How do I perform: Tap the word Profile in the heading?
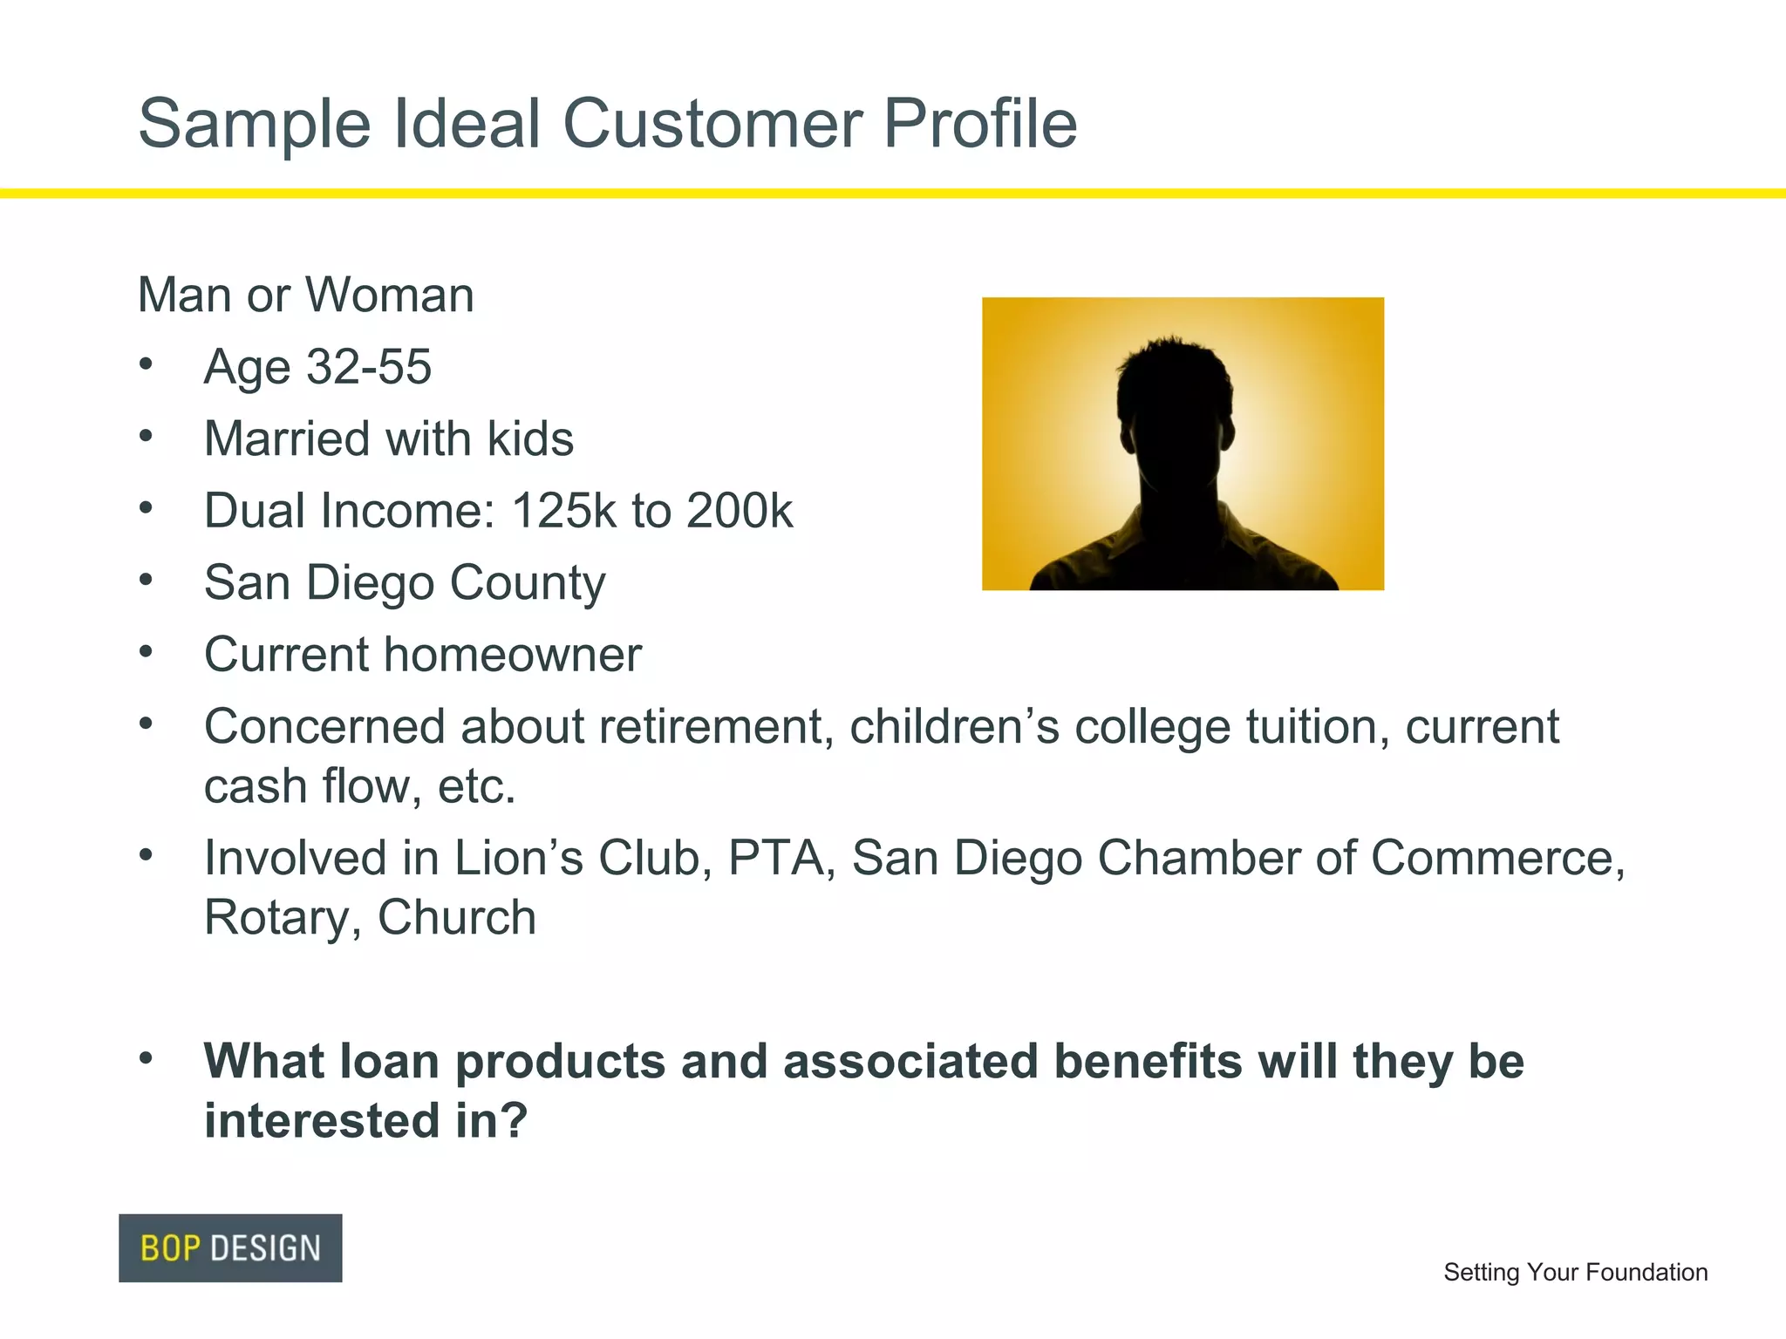[980, 124]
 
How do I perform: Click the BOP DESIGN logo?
[230, 1247]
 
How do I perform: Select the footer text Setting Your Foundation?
[1575, 1272]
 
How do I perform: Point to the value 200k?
[740, 511]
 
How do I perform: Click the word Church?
[456, 918]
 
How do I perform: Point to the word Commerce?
[1497, 858]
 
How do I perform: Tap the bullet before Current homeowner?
[147, 651]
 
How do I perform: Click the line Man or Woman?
[306, 295]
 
